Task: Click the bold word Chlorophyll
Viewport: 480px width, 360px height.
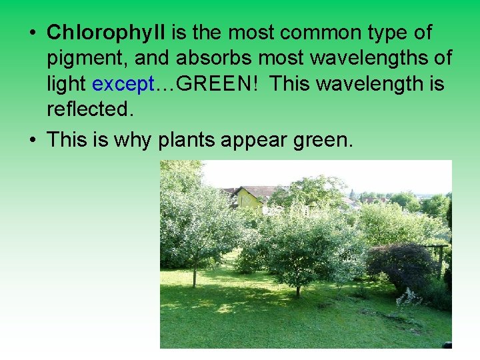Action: point(107,33)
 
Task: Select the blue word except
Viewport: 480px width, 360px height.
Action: point(123,84)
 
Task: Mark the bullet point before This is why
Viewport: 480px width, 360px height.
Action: point(32,141)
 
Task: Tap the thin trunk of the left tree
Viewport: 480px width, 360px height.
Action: point(194,274)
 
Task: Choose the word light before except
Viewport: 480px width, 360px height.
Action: point(67,84)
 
